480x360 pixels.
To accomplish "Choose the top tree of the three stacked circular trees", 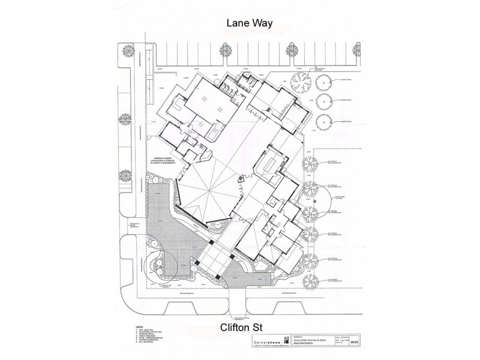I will point(325,80).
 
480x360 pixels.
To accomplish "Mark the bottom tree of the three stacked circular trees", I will point(325,122).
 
